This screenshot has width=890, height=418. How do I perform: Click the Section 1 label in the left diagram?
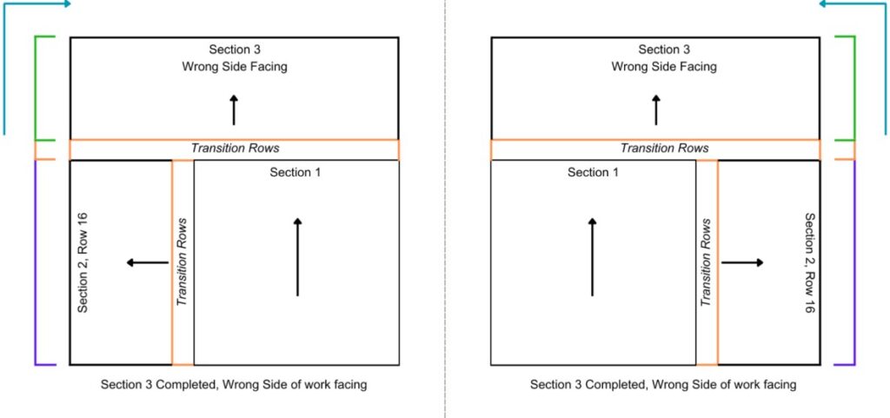[296, 172]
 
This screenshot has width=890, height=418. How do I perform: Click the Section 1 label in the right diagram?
[593, 172]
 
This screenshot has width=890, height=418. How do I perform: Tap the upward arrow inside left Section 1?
[297, 257]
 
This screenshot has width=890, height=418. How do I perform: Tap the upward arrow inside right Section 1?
[592, 257]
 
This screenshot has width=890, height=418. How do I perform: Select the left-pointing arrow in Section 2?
[148, 262]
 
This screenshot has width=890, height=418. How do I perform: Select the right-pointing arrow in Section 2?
[742, 262]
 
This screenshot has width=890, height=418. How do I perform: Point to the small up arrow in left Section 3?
[234, 110]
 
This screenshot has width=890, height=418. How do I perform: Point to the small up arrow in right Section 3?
[656, 110]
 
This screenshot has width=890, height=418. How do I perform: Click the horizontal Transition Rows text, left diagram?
[235, 149]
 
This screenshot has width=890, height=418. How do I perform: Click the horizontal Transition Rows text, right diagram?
[664, 149]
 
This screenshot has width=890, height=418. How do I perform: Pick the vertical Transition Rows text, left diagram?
[183, 262]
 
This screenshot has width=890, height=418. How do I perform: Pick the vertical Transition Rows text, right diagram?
[707, 262]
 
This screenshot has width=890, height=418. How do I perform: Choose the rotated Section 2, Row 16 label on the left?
[83, 262]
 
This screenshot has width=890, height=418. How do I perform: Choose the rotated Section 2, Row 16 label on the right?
[810, 263]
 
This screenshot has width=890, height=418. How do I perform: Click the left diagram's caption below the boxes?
[234, 384]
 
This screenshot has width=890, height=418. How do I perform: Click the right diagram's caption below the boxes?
[663, 384]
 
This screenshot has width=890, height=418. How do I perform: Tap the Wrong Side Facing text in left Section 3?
[235, 67]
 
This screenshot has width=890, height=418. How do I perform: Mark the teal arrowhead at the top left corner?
[67, 4]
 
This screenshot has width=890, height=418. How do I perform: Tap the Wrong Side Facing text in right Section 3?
[663, 67]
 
